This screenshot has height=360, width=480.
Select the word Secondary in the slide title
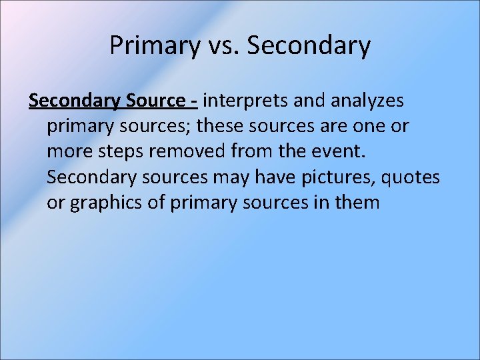coord(309,46)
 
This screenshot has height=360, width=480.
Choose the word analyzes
coord(367,101)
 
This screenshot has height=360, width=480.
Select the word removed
coord(188,151)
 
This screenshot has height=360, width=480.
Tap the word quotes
coord(414,177)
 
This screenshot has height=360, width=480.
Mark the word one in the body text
coord(373,126)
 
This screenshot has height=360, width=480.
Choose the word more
coord(69,151)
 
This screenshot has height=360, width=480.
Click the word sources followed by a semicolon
coord(138,126)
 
